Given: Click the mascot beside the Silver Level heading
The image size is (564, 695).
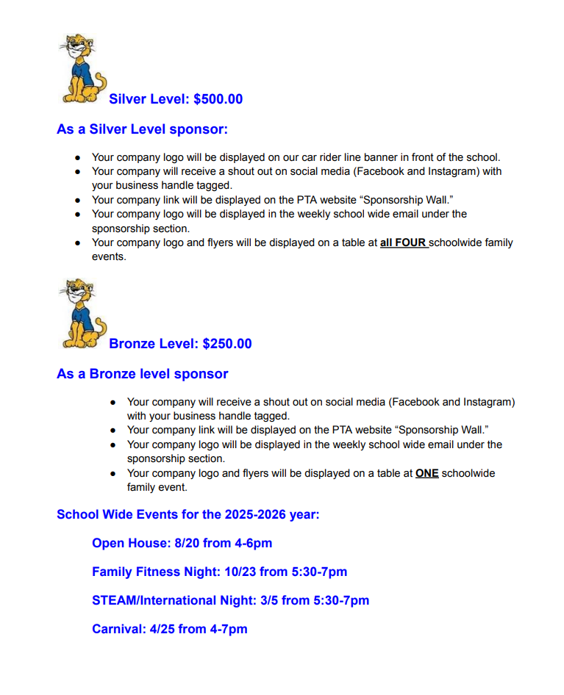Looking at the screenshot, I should (x=81, y=68).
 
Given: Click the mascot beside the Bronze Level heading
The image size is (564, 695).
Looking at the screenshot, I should (x=81, y=312).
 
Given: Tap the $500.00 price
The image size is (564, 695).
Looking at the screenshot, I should (x=218, y=99).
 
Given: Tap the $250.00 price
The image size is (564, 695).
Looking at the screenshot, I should (x=227, y=344).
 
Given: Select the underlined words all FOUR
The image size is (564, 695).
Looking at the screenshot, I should (x=404, y=242).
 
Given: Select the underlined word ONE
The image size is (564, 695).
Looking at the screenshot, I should (x=427, y=473).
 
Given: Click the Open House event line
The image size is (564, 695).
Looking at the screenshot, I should (x=182, y=544).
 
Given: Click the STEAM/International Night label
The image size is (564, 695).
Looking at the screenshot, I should (x=174, y=600).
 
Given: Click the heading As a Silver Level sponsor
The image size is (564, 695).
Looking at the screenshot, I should (x=142, y=129).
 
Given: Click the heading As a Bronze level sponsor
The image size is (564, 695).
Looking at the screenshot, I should (x=142, y=374).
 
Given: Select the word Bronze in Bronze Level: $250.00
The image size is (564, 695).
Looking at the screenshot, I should (x=132, y=344).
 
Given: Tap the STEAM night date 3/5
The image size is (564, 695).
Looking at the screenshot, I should (x=269, y=600).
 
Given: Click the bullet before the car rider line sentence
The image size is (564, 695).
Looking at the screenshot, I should (x=78, y=157).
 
